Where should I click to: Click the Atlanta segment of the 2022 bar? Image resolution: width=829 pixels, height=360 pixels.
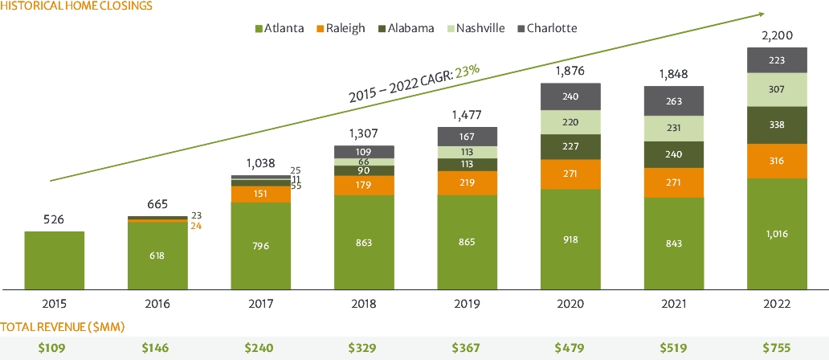(x=777, y=233)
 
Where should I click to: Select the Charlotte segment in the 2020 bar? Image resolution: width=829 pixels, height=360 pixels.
(x=571, y=96)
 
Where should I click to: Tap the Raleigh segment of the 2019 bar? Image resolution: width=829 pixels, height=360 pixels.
(x=468, y=183)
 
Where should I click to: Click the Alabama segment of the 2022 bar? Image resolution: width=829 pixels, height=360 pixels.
(x=777, y=125)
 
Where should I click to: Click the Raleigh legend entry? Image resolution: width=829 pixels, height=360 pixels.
(x=341, y=28)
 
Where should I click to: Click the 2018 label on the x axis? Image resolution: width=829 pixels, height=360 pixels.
(x=364, y=305)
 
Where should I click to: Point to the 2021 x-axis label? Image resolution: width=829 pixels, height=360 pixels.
(x=674, y=305)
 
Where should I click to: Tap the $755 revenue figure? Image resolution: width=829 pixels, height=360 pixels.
(x=777, y=347)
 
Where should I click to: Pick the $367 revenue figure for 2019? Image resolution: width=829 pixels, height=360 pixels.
(x=468, y=347)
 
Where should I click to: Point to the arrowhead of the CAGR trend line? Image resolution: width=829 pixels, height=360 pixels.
(x=759, y=14)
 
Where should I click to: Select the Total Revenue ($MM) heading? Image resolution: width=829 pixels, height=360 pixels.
(x=63, y=326)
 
